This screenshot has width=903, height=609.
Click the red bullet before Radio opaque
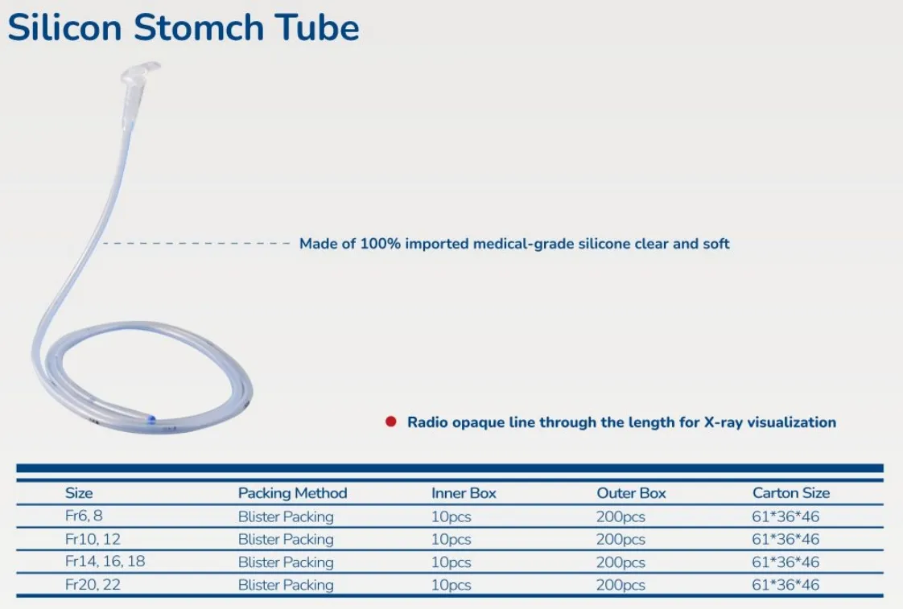(391, 422)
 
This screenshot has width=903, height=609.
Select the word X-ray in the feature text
(720, 422)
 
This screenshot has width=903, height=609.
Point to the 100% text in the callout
(379, 243)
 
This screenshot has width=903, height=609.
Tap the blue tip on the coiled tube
(152, 419)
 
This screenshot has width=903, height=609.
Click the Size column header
(79, 493)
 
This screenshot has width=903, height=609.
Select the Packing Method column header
(292, 493)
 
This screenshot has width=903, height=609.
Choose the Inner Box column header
(464, 493)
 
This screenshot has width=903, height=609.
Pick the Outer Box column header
(631, 493)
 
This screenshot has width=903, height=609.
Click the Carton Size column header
(790, 493)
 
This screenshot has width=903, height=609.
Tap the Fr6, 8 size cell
(84, 516)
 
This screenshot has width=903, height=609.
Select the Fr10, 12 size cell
(93, 538)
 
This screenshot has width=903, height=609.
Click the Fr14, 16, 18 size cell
(105, 562)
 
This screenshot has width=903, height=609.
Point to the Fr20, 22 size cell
(93, 585)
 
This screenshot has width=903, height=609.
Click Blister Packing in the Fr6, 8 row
(285, 516)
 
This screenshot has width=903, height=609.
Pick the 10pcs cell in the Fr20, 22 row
(451, 585)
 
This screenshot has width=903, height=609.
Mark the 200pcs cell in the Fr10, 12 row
(621, 539)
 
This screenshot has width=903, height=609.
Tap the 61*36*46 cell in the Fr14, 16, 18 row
(785, 562)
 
